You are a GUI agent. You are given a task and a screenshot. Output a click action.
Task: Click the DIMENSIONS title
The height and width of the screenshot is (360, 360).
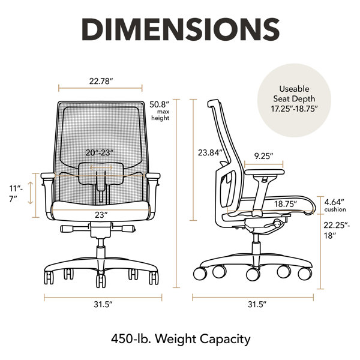(181, 29)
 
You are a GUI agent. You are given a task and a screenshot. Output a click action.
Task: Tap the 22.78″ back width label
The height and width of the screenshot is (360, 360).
(101, 81)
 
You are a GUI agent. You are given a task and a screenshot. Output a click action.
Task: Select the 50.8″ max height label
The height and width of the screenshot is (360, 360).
(160, 111)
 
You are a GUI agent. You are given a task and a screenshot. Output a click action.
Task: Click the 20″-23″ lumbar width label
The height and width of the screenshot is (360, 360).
(100, 152)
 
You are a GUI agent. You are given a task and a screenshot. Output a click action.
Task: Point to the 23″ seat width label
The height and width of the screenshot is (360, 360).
(101, 215)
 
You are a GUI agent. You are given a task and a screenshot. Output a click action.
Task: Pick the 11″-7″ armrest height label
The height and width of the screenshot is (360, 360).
(16, 194)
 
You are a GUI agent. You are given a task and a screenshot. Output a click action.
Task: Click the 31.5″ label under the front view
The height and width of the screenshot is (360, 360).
(103, 304)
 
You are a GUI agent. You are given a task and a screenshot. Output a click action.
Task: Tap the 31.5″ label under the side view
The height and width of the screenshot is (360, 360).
(257, 304)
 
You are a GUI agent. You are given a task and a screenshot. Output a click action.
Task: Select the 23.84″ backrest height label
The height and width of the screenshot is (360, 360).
(211, 152)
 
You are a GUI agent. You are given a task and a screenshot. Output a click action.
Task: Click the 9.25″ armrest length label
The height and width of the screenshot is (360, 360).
(263, 156)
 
